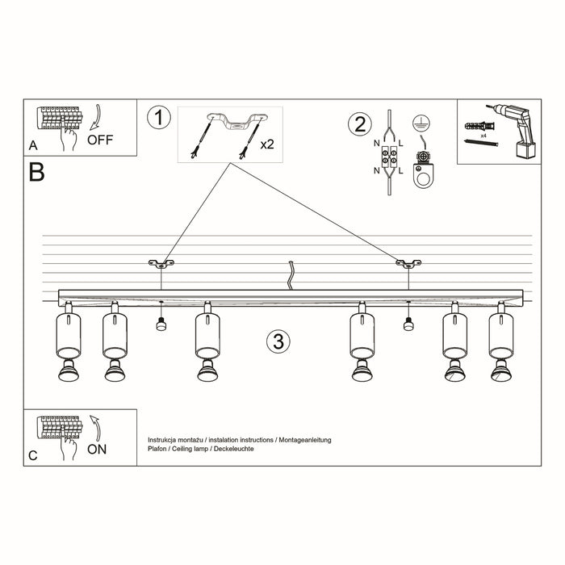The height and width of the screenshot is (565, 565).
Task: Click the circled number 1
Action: [160, 118]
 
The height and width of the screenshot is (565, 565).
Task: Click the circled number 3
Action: [277, 341]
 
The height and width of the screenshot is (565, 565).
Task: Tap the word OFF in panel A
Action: [100, 140]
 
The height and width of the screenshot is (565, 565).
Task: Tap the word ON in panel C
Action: [97, 449]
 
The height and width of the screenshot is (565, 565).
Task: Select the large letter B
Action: [36, 172]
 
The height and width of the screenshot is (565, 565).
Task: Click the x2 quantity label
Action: [267, 144]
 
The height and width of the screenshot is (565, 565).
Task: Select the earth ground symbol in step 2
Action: [419, 123]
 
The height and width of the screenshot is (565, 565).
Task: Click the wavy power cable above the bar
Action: [290, 275]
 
